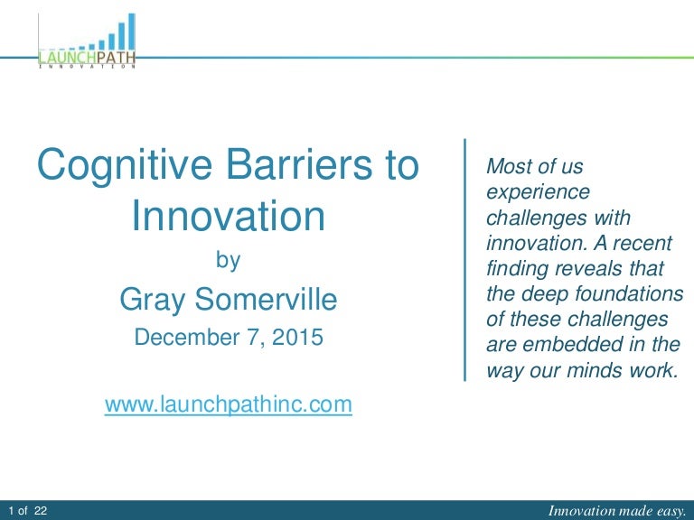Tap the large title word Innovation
coord(228,217)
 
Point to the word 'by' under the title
coord(228,261)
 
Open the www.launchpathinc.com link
coord(228,404)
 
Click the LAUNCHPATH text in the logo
coord(89,59)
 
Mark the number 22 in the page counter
coord(41,511)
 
